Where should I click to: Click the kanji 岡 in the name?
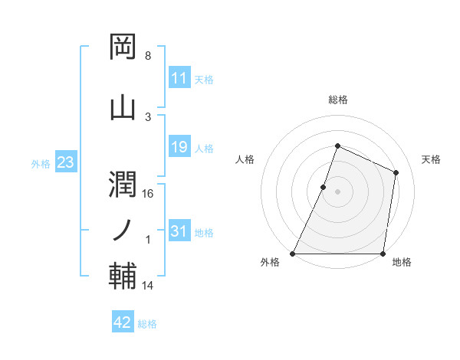point(123,47)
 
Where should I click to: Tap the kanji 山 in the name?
point(123,107)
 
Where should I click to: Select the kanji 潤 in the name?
point(123,184)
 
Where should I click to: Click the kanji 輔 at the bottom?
point(123,277)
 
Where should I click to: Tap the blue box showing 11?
point(179,78)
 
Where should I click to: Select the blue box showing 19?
point(179,147)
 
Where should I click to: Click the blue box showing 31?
point(179,231)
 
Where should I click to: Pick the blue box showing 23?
point(64,162)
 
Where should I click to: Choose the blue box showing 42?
point(122,322)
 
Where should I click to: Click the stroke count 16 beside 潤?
point(148,194)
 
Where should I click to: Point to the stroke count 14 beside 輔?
point(148,286)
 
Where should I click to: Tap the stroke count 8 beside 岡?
point(148,57)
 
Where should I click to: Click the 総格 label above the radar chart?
point(337,100)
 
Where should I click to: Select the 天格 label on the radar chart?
point(431,159)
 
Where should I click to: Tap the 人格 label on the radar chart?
point(245,159)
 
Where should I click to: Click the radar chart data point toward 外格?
point(293,254)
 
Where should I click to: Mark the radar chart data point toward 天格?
point(396,172)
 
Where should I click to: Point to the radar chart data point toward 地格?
point(383,254)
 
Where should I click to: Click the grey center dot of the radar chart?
point(337,191)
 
